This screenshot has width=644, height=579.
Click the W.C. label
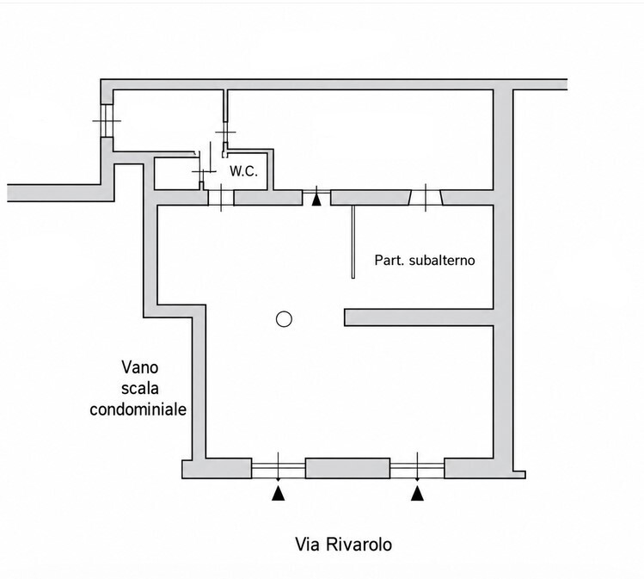pos(243,171)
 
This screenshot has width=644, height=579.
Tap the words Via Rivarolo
pos(343,545)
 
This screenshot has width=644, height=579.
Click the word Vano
pos(139,367)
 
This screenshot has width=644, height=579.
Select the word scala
pos(139,388)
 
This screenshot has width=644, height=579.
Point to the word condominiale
pos(138,410)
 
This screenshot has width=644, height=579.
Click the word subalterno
pos(442,260)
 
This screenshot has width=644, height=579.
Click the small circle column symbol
pos(284,319)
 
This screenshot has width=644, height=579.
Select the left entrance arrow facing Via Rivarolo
pos(278,493)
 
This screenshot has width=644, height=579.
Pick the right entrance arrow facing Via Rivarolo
pos(417,493)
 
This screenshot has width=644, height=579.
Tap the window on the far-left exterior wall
pos(107,120)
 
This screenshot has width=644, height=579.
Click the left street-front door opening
pos(278,468)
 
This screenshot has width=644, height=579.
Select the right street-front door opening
pos(417,468)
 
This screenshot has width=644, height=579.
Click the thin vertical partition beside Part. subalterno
pos(353,242)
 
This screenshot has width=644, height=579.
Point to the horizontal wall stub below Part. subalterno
pos(419,317)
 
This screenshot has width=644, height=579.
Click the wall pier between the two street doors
pos(347,468)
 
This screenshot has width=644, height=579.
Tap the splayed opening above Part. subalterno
pos(426,198)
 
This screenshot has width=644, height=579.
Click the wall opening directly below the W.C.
pos(221,198)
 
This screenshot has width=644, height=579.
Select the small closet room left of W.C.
pos(177,174)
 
